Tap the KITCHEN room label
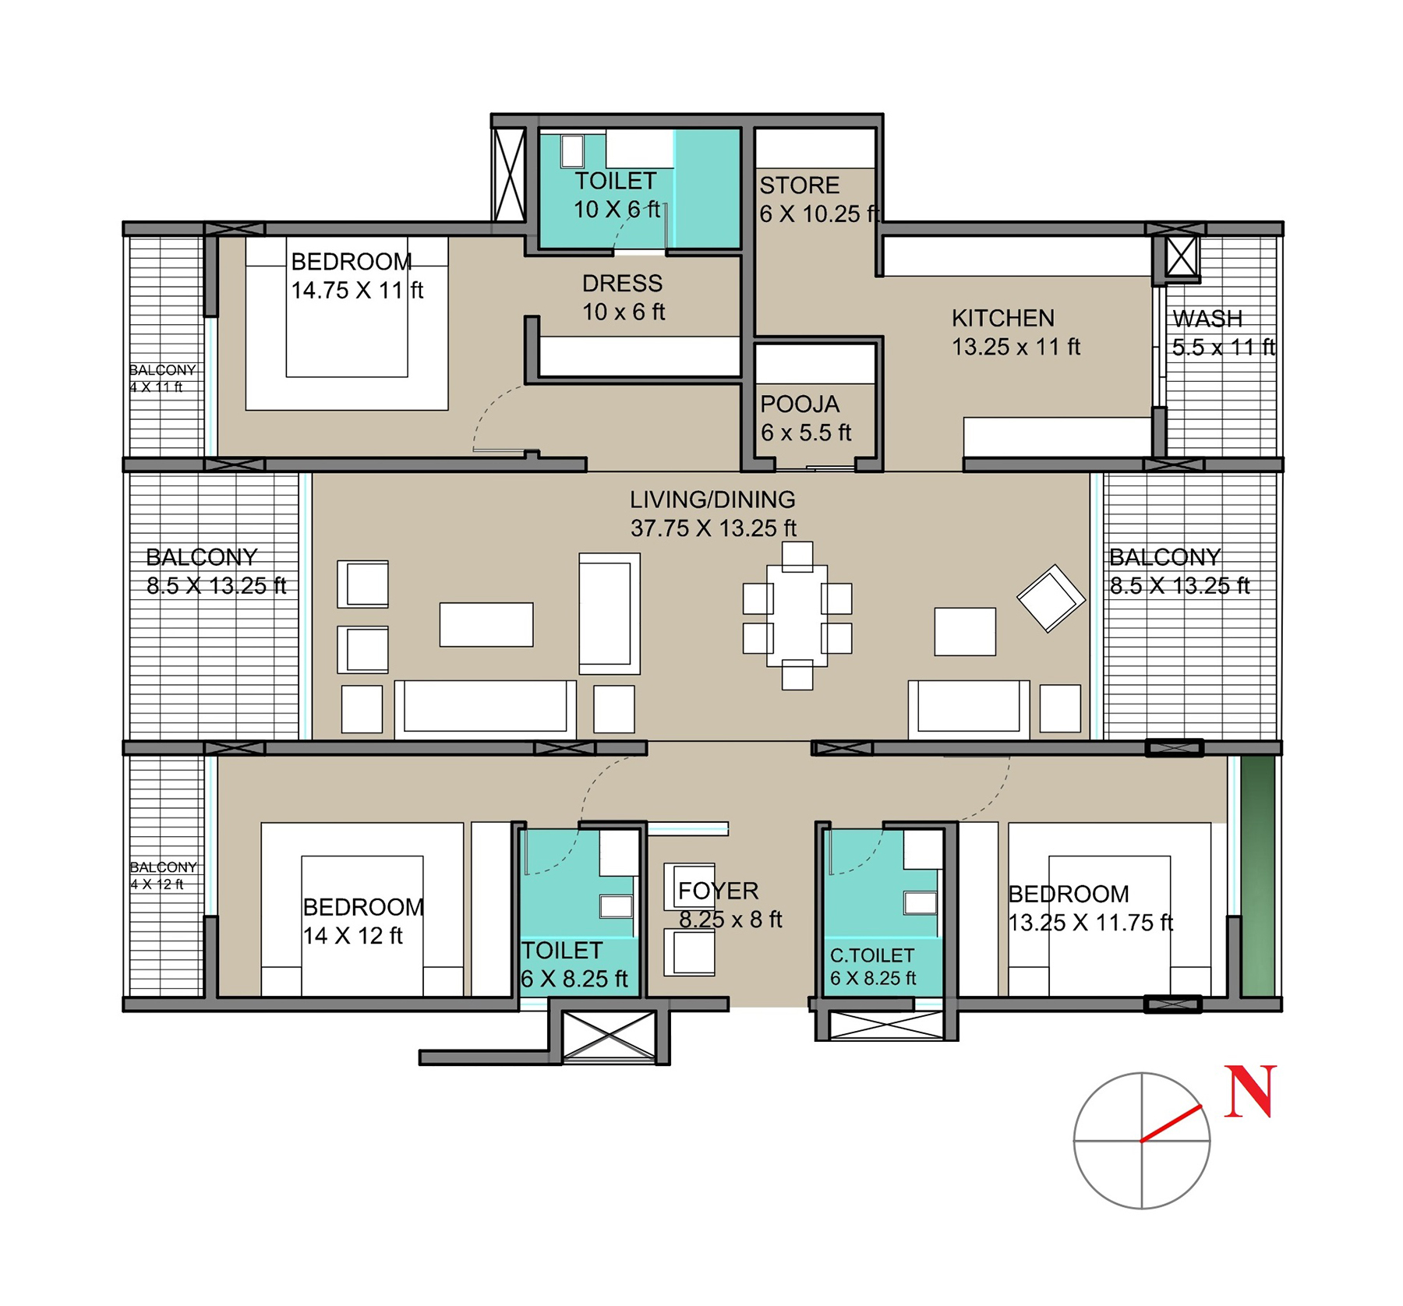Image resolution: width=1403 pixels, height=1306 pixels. (1003, 318)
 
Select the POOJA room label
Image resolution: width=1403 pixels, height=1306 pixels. (800, 404)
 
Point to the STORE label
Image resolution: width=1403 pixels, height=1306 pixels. (800, 185)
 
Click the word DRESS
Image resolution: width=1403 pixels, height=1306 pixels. (622, 283)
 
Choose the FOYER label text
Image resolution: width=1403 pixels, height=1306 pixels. (718, 891)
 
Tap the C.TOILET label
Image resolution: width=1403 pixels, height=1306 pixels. (872, 955)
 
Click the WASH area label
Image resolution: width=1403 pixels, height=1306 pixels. (1207, 319)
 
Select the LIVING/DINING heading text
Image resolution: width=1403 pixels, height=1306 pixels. (712, 499)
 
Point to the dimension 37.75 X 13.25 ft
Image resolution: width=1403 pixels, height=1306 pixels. (713, 528)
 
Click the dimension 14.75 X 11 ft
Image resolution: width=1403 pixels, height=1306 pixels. (357, 291)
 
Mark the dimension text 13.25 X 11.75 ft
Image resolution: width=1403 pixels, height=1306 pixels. (1090, 923)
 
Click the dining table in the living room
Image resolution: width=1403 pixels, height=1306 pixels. (797, 616)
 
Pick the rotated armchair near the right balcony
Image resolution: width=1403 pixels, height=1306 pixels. (1051, 598)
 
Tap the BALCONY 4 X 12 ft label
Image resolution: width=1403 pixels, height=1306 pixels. (163, 875)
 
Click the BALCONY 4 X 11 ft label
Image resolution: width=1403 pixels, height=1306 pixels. (162, 378)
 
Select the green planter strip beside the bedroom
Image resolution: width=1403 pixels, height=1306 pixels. (1258, 876)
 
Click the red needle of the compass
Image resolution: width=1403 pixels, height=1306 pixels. (1172, 1124)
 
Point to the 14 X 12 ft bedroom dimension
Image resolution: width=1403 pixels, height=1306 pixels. (352, 936)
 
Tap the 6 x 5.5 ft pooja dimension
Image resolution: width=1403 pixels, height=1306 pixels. (806, 432)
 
